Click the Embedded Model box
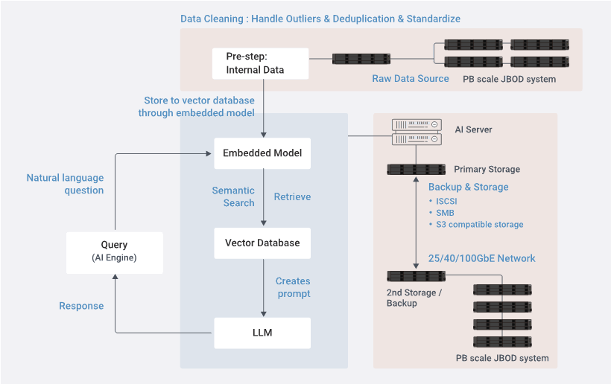262,153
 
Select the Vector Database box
262,243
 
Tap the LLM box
262,333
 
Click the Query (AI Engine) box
115,253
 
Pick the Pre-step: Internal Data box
260,63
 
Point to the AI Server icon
417,132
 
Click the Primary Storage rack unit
417,169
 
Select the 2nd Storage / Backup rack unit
417,276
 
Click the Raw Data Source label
411,79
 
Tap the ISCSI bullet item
443,201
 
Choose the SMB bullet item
442,213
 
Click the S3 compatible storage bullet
476,225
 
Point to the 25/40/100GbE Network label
481,258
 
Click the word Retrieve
292,197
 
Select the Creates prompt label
293,287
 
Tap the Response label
81,306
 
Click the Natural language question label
65,184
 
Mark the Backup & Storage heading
469,187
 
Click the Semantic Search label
233,197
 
